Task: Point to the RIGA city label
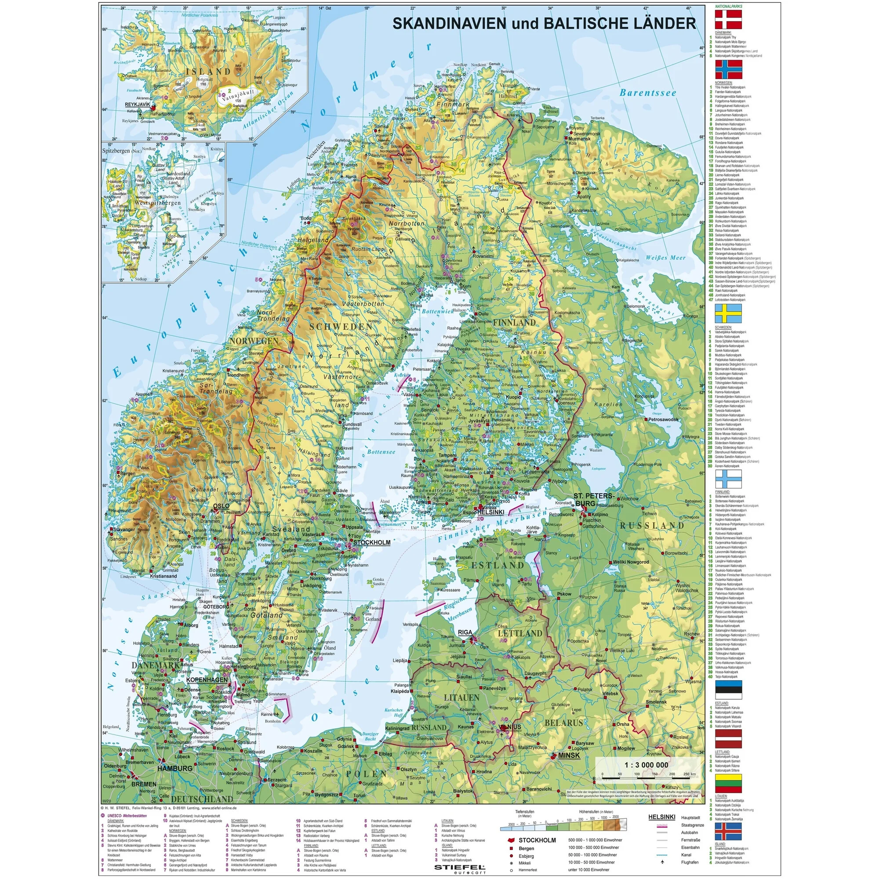coord(465,632)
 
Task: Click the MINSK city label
coord(569,755)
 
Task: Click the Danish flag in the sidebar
coord(728,20)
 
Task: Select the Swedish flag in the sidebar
coord(728,313)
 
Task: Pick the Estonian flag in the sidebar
coord(728,690)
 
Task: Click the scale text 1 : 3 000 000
coord(646,765)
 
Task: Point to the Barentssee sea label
coord(648,93)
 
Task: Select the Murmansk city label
coord(579,139)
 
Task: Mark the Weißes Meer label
coord(665,258)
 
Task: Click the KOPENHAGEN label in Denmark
coord(207,680)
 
